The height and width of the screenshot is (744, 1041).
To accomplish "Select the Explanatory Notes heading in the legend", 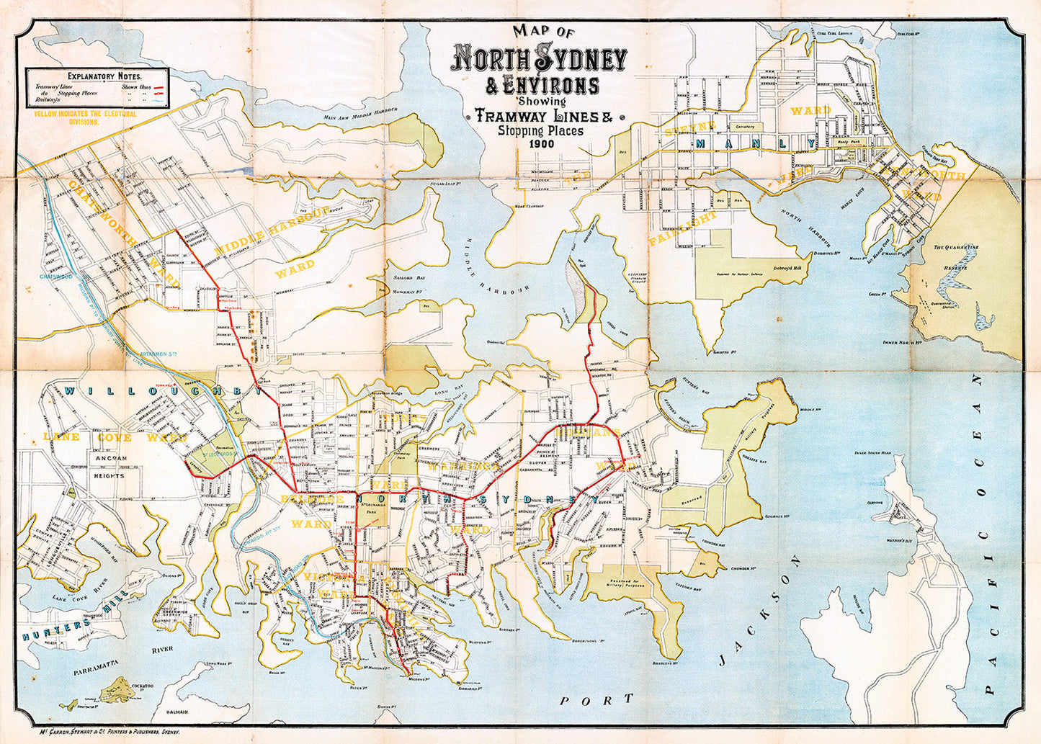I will tap(104, 76).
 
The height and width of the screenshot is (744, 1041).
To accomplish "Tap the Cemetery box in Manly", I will tap(740, 126).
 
